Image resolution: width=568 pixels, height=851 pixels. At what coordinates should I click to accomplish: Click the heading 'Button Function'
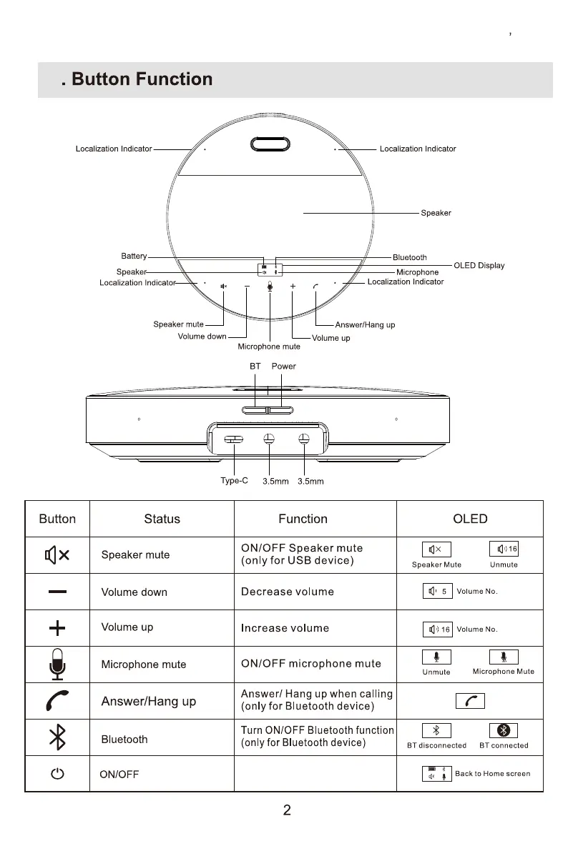142,79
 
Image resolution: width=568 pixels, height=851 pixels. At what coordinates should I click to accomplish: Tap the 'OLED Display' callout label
479,266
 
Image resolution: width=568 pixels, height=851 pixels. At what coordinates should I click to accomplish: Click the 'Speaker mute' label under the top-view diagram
178,325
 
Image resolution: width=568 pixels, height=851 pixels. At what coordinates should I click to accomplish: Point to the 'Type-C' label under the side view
234,481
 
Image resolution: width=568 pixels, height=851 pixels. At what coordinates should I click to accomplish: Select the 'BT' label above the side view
255,367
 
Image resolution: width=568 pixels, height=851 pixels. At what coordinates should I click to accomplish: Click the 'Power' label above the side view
283,367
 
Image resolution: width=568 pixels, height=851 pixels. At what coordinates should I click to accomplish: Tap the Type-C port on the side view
234,439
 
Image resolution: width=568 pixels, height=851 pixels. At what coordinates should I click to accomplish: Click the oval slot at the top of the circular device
270,144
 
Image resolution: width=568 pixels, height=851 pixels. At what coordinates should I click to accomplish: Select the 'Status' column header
162,519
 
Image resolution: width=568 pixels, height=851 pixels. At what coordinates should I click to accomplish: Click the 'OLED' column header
470,519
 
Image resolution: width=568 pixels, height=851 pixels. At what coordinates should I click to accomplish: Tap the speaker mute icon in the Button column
57,555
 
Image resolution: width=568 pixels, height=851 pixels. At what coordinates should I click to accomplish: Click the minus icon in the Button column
57,592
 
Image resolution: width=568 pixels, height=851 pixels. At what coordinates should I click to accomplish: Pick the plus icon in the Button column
57,629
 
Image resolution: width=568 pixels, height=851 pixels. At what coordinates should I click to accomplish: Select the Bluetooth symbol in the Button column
57,737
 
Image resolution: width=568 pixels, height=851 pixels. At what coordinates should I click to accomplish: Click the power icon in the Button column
57,775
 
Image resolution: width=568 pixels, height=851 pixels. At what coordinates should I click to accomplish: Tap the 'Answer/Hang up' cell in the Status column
148,702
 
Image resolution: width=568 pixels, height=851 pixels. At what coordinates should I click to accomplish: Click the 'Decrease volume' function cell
287,592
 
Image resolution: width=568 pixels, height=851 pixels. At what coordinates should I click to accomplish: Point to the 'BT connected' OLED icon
504,730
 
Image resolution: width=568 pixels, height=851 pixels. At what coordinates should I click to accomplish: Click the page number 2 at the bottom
287,811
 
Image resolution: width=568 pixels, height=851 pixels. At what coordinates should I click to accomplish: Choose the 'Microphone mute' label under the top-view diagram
269,347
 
